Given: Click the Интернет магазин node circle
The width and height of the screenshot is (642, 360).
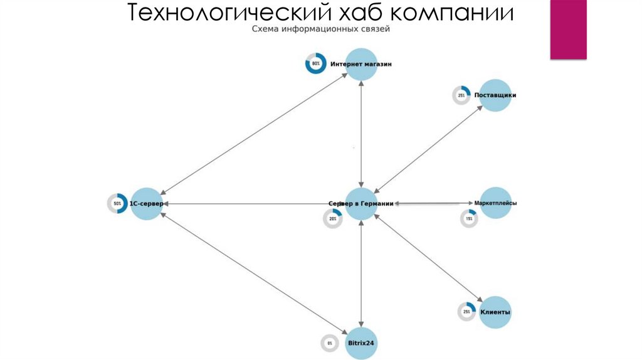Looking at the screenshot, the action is point(362,64).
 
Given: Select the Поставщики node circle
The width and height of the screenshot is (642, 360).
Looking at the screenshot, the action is point(495,95).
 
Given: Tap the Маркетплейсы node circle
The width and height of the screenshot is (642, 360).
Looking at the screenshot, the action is point(495,203).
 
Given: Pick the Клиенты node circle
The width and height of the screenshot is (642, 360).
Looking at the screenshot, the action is point(495,312).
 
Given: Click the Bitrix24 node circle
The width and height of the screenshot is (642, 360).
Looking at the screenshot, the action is point(362,343).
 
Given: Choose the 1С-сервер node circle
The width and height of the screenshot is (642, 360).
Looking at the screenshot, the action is point(146,203).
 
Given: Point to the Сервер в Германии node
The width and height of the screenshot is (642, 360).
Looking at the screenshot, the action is point(361,203).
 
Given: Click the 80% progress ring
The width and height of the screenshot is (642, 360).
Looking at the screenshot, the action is point(316,64).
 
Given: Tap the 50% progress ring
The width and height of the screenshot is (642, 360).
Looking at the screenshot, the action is point(117,203).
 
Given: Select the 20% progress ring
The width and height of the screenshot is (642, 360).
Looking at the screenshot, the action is point(332,219).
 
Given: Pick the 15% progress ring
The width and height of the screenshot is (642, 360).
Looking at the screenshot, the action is point(468,218).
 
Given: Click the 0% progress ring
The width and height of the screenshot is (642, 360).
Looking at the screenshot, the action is point(329,343).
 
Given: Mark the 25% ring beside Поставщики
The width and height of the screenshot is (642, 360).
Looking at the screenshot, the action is point(461,95).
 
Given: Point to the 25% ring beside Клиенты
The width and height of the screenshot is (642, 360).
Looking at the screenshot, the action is point(466,312).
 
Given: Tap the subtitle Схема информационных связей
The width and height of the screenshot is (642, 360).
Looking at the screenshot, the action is point(321,29).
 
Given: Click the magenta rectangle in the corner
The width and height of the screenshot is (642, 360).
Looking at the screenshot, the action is point(568,29).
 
